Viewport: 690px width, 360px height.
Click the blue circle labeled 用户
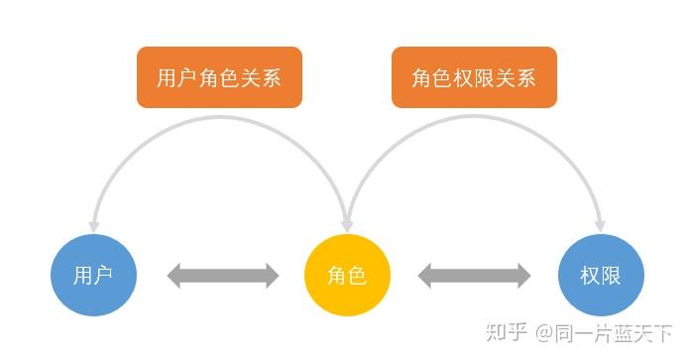92,275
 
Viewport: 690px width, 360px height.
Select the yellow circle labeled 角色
347,275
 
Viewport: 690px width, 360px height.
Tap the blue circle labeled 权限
601,275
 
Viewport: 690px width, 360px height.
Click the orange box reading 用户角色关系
219,77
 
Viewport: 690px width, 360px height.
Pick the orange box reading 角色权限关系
474,77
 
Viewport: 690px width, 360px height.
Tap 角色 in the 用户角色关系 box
219,77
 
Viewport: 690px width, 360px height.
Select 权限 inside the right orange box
474,77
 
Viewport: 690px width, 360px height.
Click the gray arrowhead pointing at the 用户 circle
176,276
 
